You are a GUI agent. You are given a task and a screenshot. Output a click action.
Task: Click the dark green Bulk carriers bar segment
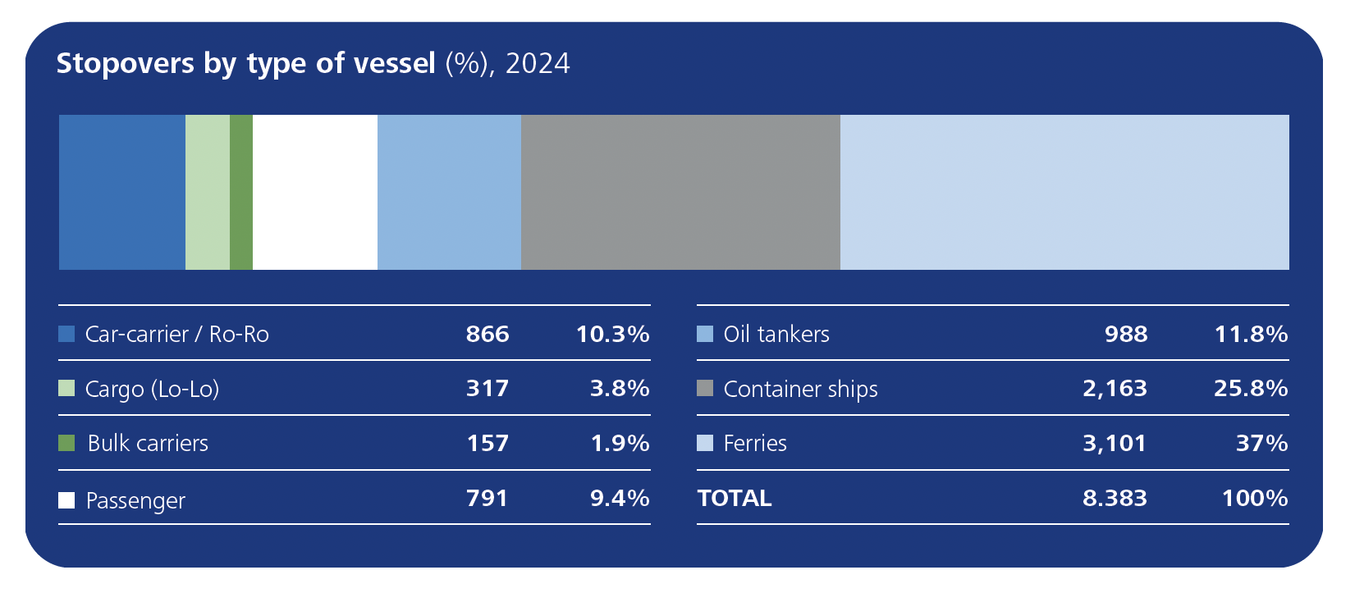pos(241,192)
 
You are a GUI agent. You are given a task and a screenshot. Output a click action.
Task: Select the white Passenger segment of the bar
pos(315,192)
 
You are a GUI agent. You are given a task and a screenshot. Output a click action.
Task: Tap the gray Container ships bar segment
pos(680,192)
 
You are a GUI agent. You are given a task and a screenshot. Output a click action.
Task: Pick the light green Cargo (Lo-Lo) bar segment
pos(208,192)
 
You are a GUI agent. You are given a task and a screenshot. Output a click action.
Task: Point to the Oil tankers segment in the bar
pos(449,192)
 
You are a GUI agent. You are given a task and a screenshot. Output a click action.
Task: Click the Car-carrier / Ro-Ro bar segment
pos(122,192)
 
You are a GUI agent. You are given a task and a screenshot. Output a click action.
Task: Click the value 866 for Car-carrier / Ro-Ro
pos(487,334)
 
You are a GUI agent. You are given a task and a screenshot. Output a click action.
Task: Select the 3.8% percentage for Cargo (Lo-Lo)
pos(620,388)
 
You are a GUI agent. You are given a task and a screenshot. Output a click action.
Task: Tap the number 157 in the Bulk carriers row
pos(487,443)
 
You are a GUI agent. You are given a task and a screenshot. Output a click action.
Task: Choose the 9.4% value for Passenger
pos(620,498)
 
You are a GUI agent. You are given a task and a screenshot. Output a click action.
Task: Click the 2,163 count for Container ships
pos(1115,388)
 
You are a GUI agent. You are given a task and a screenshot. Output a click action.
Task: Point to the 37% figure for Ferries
pos(1261,443)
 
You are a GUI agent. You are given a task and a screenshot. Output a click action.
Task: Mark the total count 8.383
pos(1115,498)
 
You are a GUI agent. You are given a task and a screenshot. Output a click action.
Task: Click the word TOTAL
pos(735,498)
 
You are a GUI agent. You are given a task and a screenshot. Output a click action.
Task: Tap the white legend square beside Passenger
pos(66,499)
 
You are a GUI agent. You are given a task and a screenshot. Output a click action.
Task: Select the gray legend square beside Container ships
pos(705,388)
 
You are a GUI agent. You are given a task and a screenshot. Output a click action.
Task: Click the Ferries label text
pos(755,443)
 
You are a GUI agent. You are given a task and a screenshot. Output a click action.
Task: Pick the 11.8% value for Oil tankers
pos(1251,334)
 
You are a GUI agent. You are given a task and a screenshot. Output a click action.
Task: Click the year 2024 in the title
pos(538,63)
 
